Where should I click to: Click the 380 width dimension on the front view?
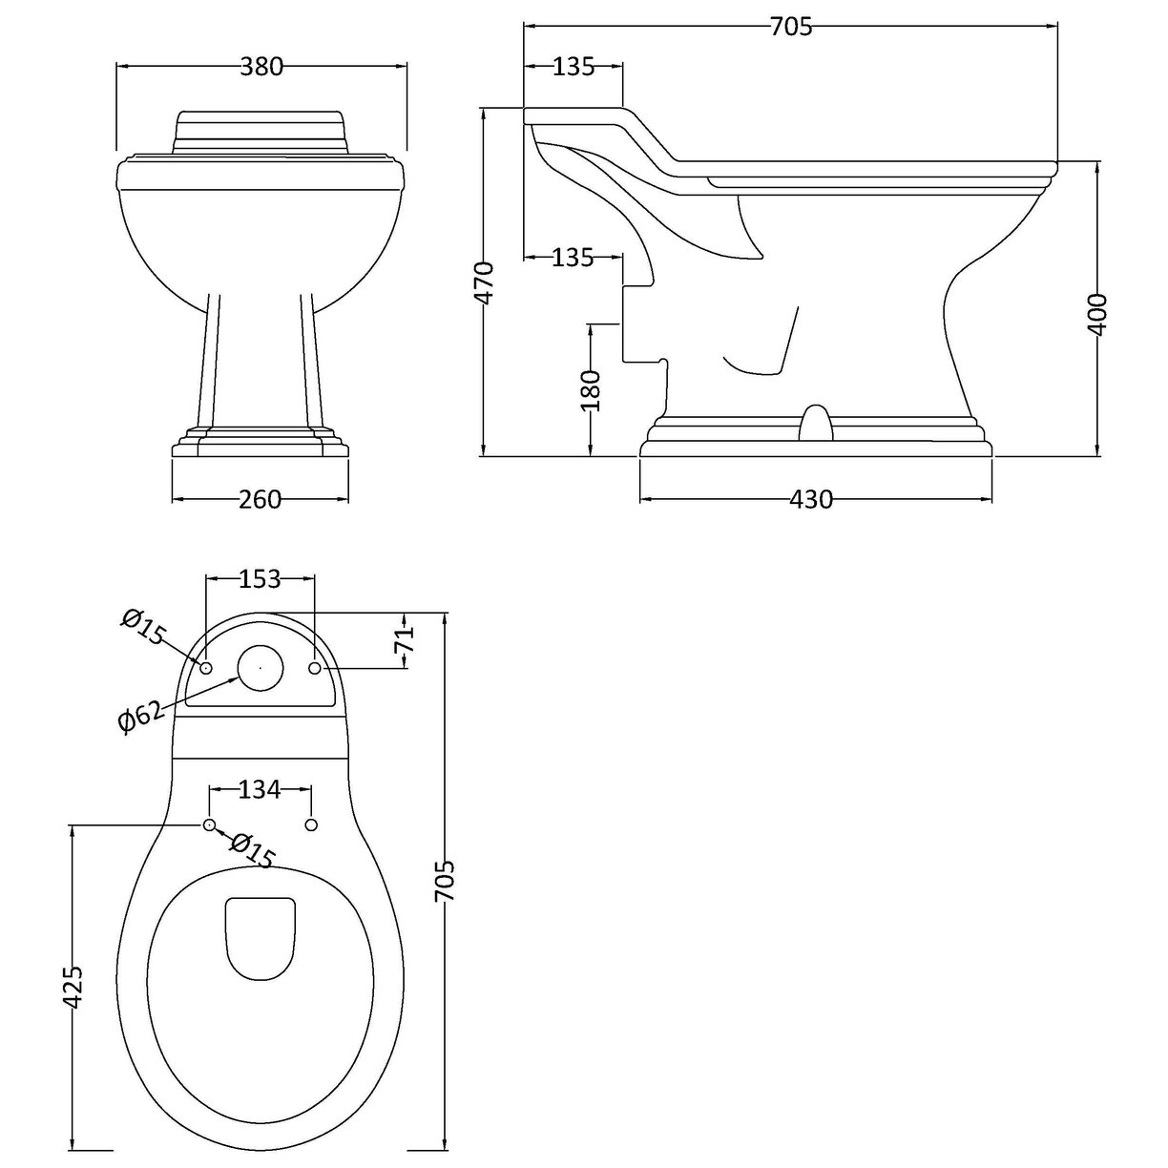[261, 67]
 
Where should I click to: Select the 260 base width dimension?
[260, 499]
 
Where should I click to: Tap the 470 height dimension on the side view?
[486, 282]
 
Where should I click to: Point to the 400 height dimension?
[1097, 313]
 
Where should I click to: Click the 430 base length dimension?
[812, 499]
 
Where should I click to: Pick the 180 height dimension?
[592, 389]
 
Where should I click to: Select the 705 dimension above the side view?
[790, 27]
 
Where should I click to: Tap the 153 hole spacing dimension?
[260, 578]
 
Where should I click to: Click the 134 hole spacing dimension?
[260, 789]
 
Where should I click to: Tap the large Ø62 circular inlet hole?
[260, 669]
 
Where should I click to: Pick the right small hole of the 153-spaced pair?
[316, 669]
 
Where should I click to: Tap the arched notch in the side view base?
[814, 425]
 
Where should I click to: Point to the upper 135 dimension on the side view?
[573, 67]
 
